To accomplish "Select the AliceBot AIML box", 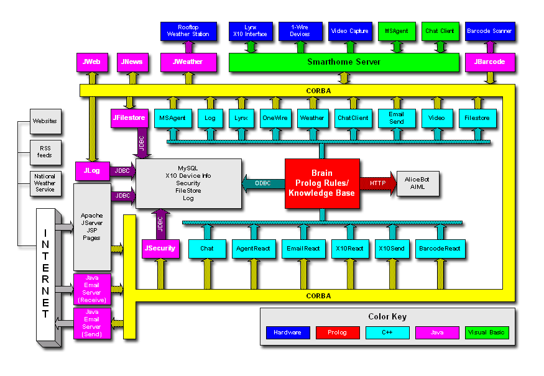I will (x=417, y=183).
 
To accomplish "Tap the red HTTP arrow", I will (x=377, y=183).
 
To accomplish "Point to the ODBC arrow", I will (x=263, y=183).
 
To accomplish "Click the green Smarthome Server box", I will (x=344, y=62).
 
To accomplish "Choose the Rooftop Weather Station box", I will (x=188, y=31).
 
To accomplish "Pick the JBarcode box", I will (x=489, y=62).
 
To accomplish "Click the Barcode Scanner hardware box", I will (x=489, y=31).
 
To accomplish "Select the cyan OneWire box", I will (x=274, y=118).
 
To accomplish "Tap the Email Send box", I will (x=396, y=118).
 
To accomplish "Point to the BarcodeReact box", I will (x=439, y=248).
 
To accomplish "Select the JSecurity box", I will (x=160, y=248).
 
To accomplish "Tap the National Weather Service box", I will (x=45, y=183).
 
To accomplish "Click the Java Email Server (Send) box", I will (x=91, y=323).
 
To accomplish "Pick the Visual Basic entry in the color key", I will (x=487, y=332).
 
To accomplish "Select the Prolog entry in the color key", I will (x=337, y=332).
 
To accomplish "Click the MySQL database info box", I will (x=188, y=183).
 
